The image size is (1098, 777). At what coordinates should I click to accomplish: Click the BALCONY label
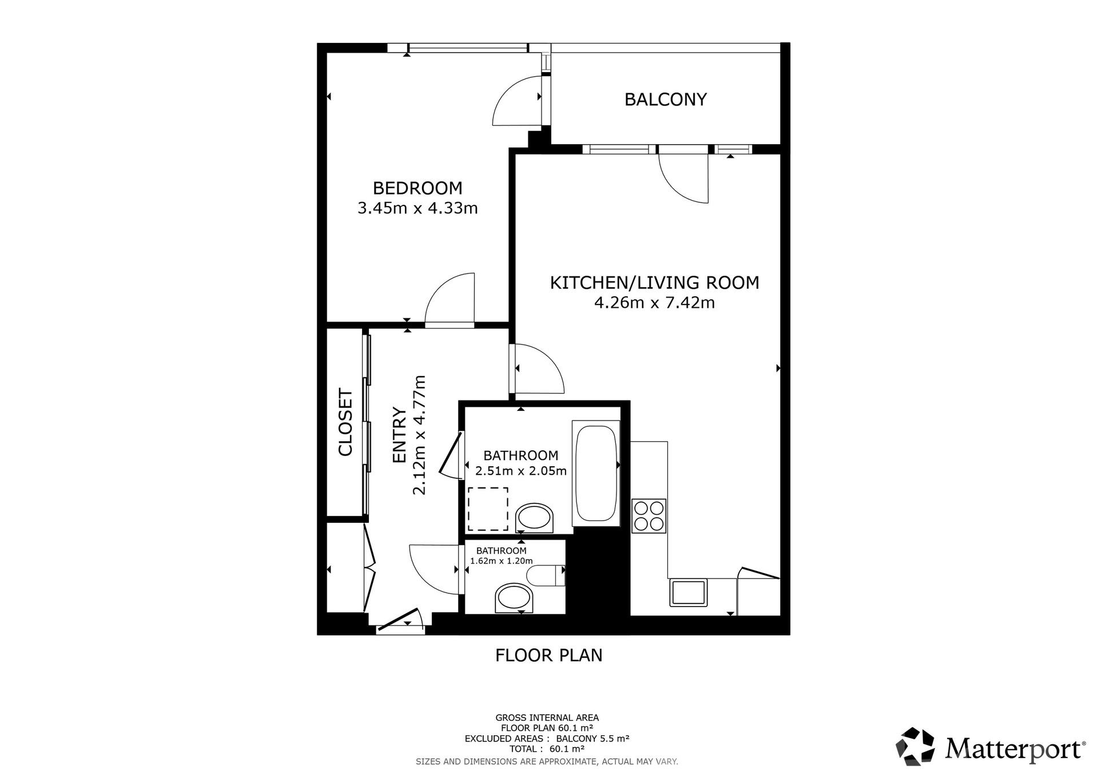click(x=666, y=100)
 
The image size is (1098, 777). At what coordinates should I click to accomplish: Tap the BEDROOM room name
click(x=417, y=188)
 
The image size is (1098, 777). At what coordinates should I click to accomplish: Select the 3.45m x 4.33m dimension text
click(x=417, y=208)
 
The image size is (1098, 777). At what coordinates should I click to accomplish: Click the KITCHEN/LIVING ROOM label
click(x=655, y=283)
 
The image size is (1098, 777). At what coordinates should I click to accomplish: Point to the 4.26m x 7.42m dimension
click(x=655, y=303)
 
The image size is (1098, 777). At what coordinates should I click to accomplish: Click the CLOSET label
click(x=345, y=422)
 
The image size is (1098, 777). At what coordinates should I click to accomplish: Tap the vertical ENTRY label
click(x=399, y=435)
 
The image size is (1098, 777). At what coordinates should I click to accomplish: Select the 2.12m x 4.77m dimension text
click(x=419, y=435)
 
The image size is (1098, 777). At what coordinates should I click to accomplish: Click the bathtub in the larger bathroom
click(x=596, y=473)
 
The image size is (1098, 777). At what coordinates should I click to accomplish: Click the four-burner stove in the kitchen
click(x=649, y=516)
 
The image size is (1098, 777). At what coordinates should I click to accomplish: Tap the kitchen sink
click(x=689, y=592)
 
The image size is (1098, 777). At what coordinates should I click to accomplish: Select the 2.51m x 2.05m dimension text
click(x=521, y=471)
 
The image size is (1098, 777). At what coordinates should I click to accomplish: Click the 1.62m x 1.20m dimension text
click(x=502, y=561)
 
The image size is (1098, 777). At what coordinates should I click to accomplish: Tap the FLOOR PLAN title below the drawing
click(x=549, y=655)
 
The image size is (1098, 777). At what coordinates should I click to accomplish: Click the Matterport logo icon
click(x=915, y=746)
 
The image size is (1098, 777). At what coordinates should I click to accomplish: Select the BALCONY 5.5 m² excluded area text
click(x=593, y=738)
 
